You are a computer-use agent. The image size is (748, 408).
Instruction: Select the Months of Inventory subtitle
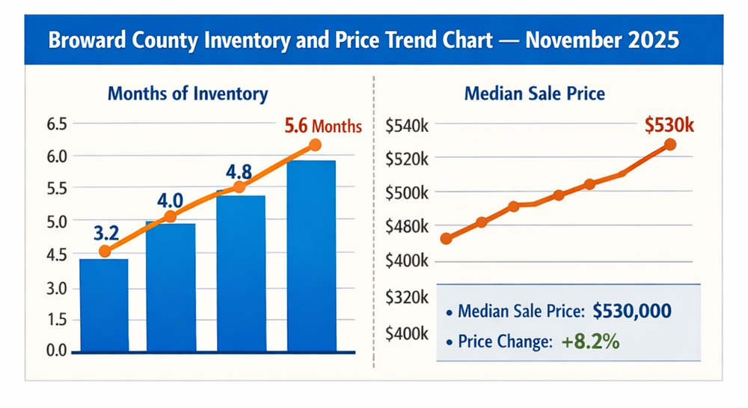point(188,94)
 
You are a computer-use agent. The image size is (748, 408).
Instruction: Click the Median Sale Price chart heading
point(535,94)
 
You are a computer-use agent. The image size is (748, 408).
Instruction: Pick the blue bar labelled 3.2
point(104,305)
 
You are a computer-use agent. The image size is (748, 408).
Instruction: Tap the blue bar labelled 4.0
point(171,287)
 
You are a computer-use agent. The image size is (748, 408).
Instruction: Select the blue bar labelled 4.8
point(241,273)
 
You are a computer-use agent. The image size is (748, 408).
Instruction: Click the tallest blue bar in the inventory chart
point(311,256)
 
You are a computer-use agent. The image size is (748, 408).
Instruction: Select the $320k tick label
point(406,297)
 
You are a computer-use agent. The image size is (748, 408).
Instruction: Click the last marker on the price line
point(670,144)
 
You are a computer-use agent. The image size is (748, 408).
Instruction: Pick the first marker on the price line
point(447,239)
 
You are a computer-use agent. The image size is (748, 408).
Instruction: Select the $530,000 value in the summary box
point(631,311)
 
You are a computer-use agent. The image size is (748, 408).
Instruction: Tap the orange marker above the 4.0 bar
point(170,216)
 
